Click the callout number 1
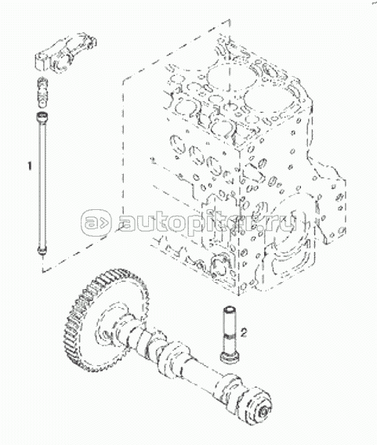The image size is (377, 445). tap(29, 166)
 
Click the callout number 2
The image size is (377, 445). tap(244, 332)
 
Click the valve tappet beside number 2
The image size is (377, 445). tap(230, 334)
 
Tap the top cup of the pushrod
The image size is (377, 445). tap(42, 116)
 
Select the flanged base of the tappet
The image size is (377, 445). tap(230, 356)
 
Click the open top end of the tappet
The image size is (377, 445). tap(230, 307)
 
